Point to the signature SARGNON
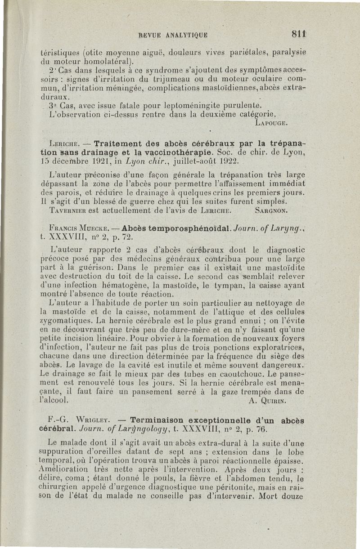pyautogui.click(x=271, y=210)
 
